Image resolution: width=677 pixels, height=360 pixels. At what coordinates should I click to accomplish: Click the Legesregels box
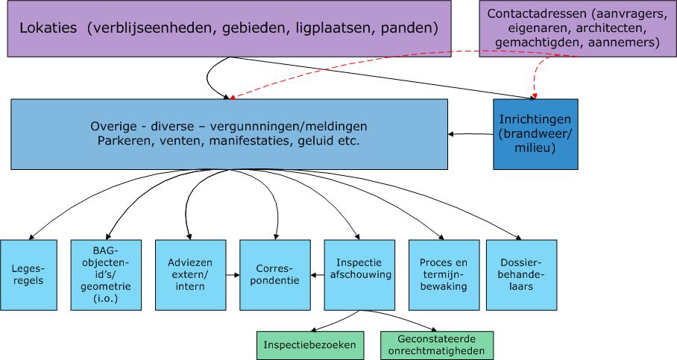coord(28,275)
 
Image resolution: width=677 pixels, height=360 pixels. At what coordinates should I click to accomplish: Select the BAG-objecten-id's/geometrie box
coord(106,275)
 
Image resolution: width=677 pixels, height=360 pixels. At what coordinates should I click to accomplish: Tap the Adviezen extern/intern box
coord(190,275)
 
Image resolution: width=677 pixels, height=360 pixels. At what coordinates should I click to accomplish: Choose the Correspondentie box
coord(275,275)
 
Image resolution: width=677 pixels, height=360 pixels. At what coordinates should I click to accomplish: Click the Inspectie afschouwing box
coord(359,275)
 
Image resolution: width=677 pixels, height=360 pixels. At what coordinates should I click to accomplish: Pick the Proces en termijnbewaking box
coord(444,275)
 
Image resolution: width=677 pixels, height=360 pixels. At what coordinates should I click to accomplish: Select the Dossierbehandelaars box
coord(521,275)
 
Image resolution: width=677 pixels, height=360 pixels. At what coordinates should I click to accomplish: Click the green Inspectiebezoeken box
coord(310,345)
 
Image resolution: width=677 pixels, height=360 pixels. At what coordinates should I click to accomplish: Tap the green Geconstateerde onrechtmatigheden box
coord(436,345)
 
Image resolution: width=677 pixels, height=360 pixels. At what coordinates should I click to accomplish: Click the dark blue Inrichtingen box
coord(535,134)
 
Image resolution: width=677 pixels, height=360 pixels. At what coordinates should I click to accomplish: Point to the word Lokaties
coord(48,28)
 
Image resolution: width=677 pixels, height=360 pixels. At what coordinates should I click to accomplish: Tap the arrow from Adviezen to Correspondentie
coord(233,275)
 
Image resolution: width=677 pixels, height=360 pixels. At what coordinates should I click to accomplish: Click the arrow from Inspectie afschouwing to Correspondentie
coord(318,275)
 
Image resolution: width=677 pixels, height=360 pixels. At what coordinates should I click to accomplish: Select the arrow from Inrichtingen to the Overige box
coord(470,134)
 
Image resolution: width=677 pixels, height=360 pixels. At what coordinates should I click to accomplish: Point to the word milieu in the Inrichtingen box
coord(535,148)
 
